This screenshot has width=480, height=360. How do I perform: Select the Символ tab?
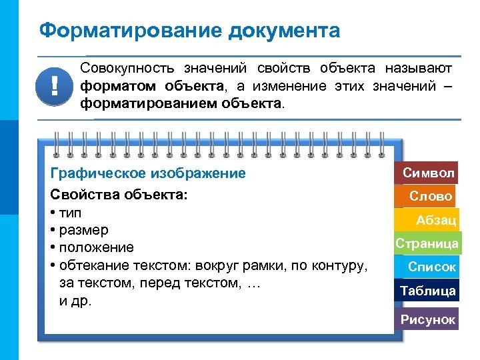pos(429,173)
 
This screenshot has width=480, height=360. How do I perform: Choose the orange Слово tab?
pos(431,196)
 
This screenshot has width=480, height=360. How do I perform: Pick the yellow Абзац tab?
pos(435,220)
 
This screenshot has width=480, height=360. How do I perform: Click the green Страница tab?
pos(427,243)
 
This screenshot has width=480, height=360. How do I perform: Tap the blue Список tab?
pos(432,267)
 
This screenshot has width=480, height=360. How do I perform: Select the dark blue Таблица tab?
pos(428,291)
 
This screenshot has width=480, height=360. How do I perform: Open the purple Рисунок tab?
pos(428,319)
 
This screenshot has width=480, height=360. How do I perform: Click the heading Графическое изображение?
pos(148,173)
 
